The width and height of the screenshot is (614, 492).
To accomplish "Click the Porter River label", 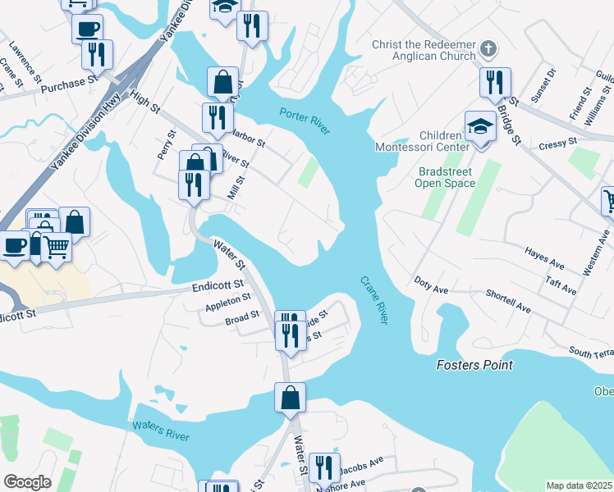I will [305, 121].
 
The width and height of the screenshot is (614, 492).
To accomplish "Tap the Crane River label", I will [373, 299].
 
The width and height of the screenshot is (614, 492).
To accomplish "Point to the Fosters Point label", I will [474, 365].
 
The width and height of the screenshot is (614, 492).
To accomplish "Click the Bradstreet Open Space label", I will [447, 177].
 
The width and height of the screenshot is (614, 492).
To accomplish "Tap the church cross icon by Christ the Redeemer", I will [488, 48].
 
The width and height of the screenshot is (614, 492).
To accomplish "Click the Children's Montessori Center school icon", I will [479, 125].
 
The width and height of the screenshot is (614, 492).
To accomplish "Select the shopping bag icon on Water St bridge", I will [290, 398].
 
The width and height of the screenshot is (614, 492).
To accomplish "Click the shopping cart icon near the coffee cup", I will [56, 245].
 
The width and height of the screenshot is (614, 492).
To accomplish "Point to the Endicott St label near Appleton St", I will [218, 285].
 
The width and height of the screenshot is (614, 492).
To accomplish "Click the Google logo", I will [27, 482].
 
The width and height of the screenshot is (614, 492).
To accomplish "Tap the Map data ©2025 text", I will [580, 485].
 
